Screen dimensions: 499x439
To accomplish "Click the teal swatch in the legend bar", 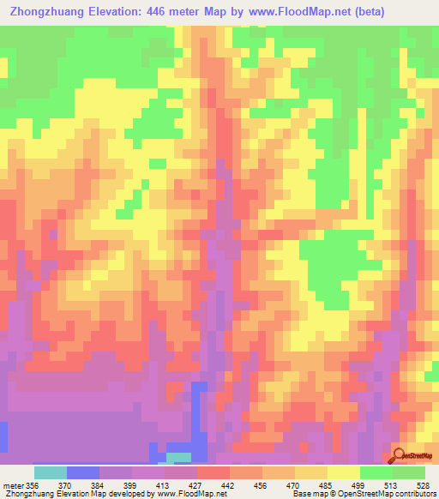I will (50, 472).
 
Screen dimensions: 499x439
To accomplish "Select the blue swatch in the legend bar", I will (82, 472).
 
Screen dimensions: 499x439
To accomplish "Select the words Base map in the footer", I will (308, 494).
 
